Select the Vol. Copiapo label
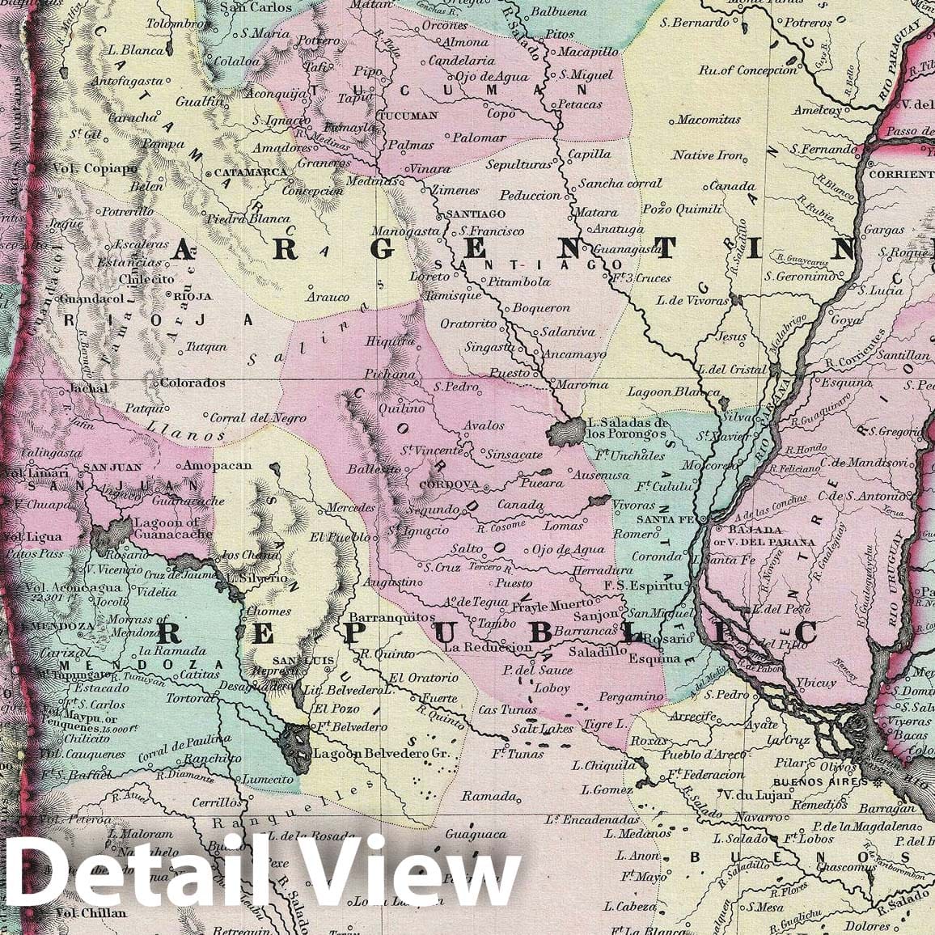(x=95, y=169)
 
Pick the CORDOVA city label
(x=450, y=485)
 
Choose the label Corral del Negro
(x=258, y=418)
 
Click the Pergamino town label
(x=631, y=696)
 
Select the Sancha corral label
(x=620, y=184)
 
